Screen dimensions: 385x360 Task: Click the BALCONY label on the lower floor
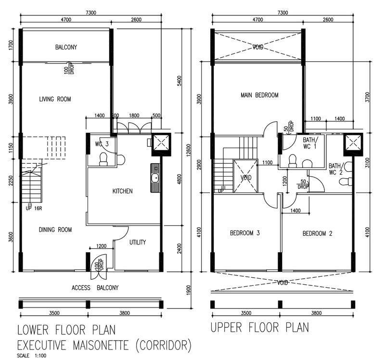pos(66,47)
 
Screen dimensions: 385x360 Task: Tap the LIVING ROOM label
pos(55,99)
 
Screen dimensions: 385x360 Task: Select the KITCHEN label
pos(123,191)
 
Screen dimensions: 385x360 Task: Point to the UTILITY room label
pos(138,243)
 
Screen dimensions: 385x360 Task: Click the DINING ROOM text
pos(55,230)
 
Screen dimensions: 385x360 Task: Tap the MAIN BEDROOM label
pos(259,95)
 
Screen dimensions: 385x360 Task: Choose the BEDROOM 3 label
pos(245,233)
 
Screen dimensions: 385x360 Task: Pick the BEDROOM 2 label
pos(317,233)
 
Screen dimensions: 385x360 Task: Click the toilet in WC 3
pos(103,159)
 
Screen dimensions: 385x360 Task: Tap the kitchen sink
pos(155,178)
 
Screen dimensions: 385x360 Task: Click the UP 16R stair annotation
pos(34,208)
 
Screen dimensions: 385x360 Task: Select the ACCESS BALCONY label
pos(95,287)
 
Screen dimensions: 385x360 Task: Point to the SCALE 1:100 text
pos(32,355)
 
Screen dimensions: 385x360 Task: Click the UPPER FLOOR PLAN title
pos(260,328)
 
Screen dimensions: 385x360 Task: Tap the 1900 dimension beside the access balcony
pos(188,290)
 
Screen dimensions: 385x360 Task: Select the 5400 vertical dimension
pos(180,81)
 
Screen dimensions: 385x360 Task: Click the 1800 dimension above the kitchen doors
pos(134,116)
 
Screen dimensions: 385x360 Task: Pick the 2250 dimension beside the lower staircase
pos(11,181)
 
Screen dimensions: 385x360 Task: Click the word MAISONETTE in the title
pos(101,345)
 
